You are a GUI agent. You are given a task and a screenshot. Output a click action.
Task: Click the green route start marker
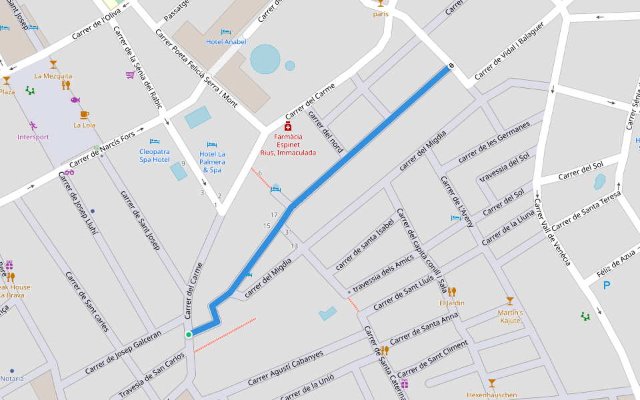[x=189, y=334]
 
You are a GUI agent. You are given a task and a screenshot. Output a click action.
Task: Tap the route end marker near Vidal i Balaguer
[x=451, y=66]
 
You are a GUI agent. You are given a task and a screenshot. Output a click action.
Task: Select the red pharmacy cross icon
[x=288, y=126]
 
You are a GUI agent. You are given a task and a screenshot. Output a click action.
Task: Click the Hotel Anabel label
[x=226, y=42]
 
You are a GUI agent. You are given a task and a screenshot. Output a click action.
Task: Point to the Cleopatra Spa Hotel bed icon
[x=155, y=141]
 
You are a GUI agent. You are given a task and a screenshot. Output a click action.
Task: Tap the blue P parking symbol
[x=606, y=286]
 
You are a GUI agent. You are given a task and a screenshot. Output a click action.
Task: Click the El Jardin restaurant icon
[x=451, y=291]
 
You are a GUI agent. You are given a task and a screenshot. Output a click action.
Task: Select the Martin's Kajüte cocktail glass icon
[x=510, y=301]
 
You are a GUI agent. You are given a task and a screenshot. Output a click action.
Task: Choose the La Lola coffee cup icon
[x=84, y=115]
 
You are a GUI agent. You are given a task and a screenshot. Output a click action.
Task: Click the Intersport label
[x=33, y=137]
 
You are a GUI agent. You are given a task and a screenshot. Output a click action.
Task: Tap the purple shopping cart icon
[x=130, y=75]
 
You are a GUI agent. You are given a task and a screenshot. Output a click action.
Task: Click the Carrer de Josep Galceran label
[x=123, y=352]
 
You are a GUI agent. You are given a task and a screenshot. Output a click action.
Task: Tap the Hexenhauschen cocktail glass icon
[x=492, y=383]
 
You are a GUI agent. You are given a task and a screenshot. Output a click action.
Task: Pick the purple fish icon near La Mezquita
[x=75, y=99]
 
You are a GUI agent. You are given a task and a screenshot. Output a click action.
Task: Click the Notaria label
[x=12, y=379]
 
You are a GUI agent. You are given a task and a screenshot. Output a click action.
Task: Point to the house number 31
[x=288, y=232]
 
